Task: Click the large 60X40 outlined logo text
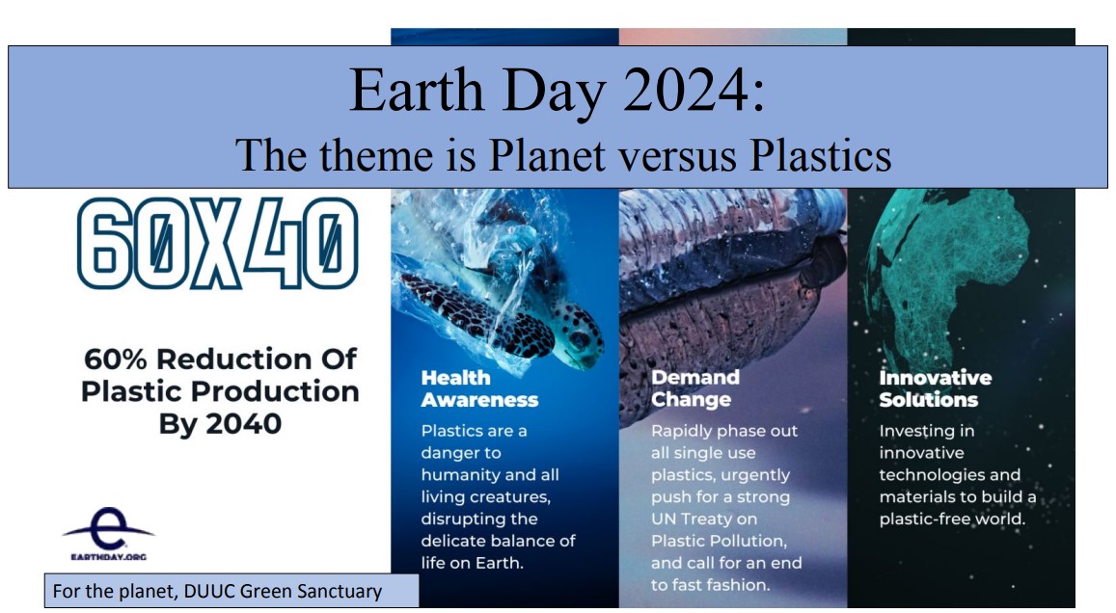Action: tap(217, 243)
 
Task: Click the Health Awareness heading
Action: tap(479, 388)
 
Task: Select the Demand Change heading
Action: tap(695, 388)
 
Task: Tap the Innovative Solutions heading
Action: tap(936, 388)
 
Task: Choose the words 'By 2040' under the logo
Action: tap(220, 424)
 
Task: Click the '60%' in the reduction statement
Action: tap(116, 360)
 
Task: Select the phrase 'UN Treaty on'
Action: tap(704, 520)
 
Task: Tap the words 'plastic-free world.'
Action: tap(952, 520)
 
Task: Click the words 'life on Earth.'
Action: tap(472, 563)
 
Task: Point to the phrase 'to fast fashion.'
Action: tap(710, 585)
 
